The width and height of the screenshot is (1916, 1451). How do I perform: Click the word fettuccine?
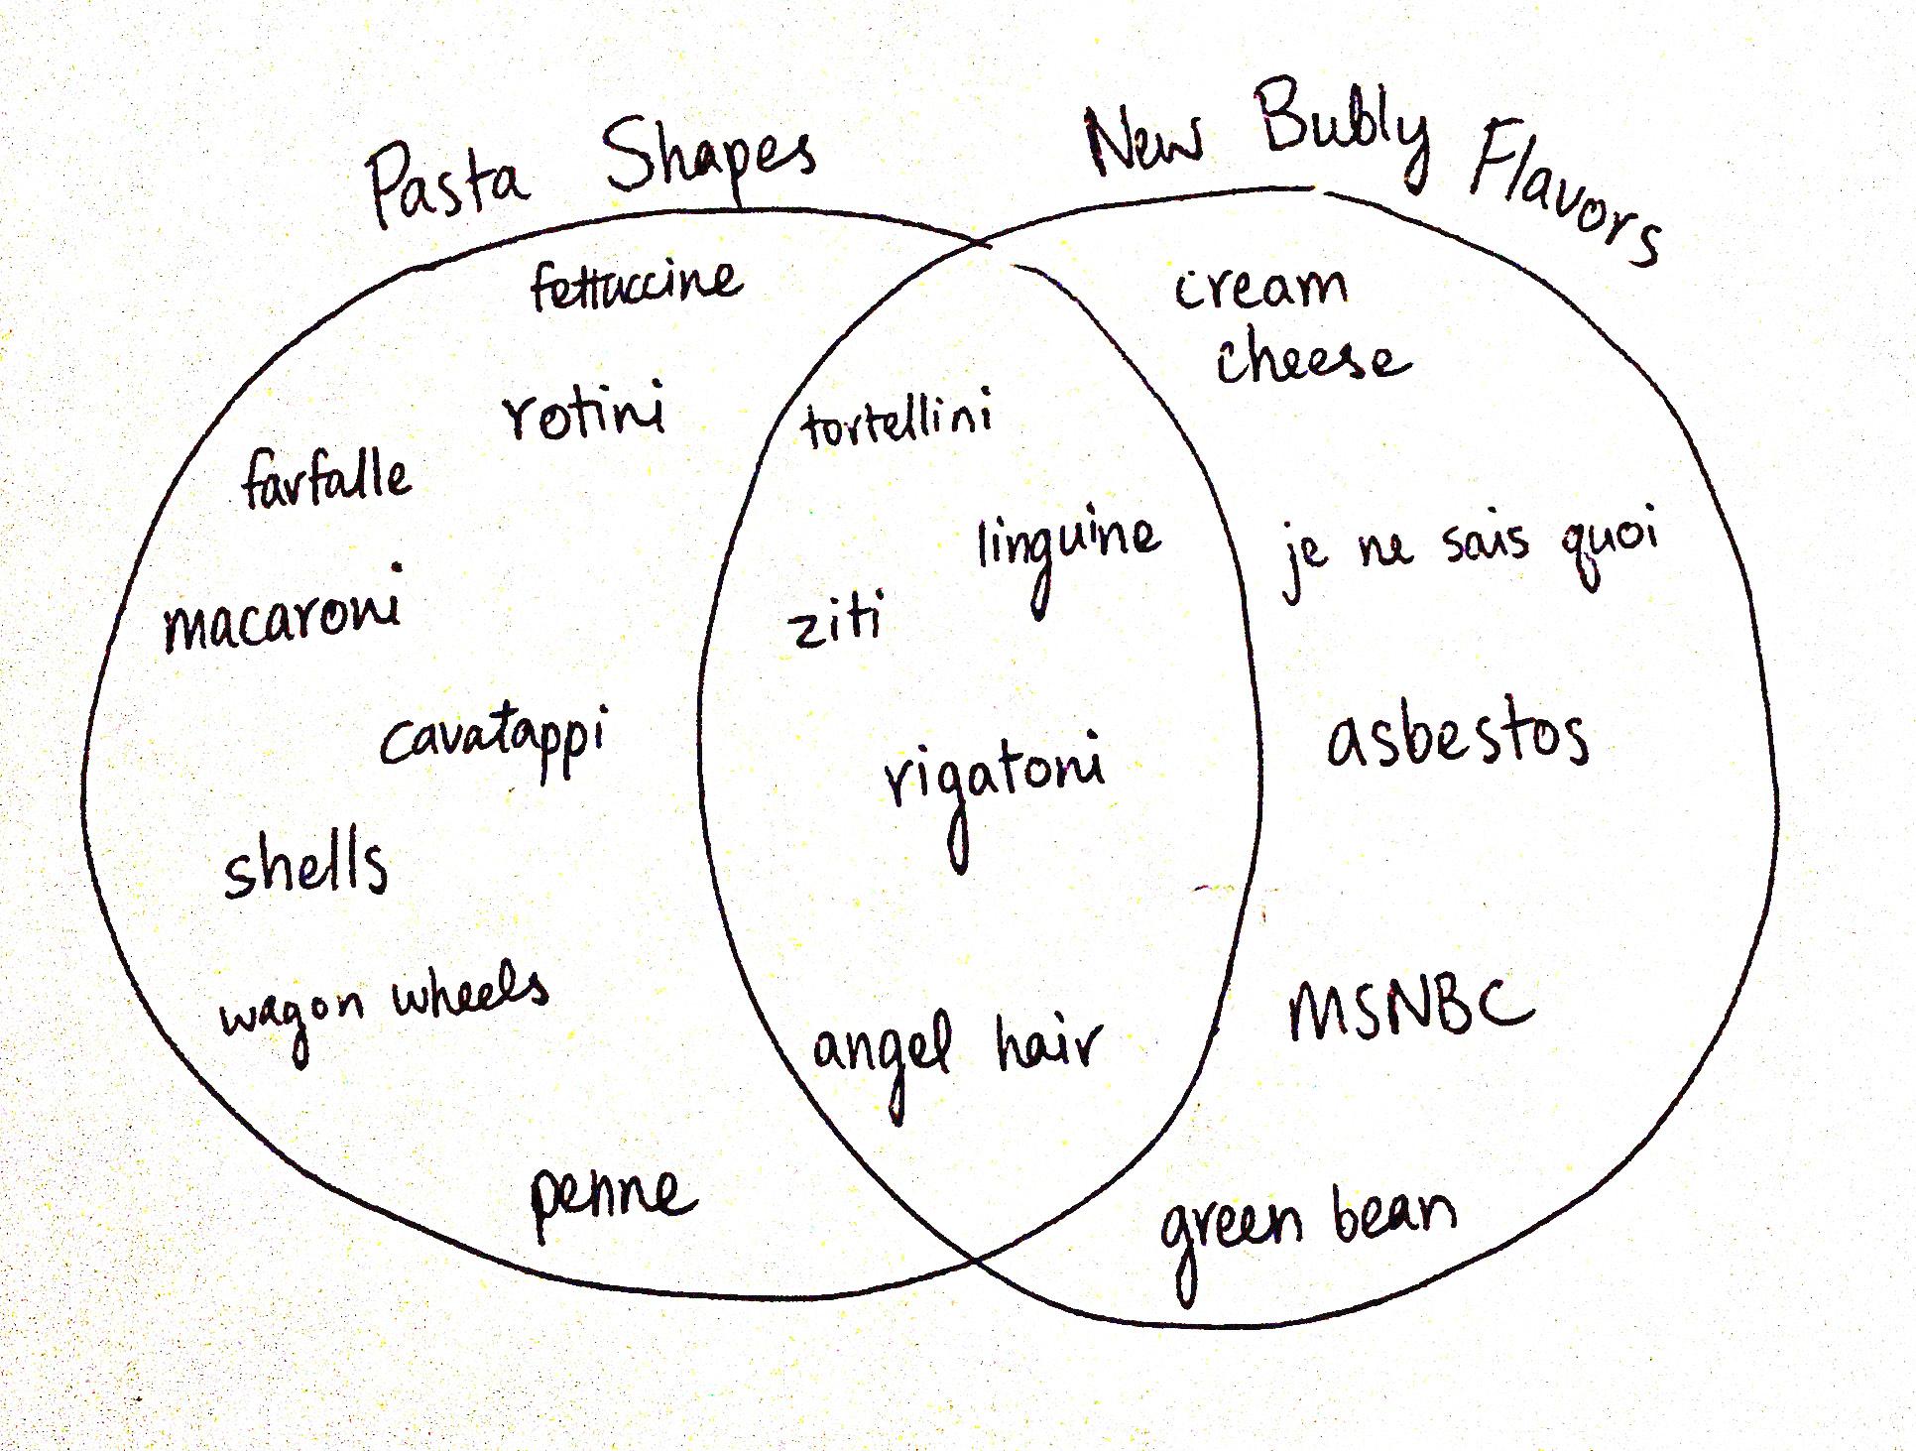pos(636,284)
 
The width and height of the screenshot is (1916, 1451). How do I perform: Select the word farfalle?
pos(325,479)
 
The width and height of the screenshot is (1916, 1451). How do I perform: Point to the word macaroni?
pos(284,611)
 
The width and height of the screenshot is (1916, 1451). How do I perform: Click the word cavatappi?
pos(493,740)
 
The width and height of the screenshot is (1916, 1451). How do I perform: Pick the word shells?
pos(305,865)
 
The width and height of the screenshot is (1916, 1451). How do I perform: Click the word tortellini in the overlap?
pos(897,421)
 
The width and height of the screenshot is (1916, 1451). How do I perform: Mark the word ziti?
pos(835,621)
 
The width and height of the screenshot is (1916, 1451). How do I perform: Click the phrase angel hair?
pos(956,1051)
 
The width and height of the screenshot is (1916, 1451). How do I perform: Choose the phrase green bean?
pos(1307,1225)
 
